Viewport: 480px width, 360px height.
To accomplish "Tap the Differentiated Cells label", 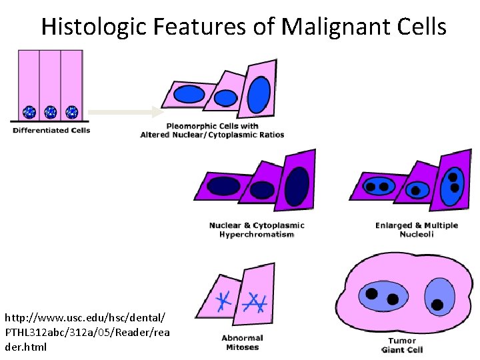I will click(51, 130).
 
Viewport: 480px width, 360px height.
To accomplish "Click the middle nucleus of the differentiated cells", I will click(51, 111).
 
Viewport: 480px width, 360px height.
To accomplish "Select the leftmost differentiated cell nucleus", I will click(29, 111).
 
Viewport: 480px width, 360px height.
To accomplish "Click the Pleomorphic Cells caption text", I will click(212, 130).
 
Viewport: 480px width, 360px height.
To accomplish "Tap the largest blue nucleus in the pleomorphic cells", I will click(259, 95).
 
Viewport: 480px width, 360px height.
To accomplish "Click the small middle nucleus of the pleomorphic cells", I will click(224, 99).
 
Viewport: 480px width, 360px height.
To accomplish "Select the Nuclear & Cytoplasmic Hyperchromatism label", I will click(257, 229).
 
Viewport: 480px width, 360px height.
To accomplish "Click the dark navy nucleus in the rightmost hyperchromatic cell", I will click(297, 186).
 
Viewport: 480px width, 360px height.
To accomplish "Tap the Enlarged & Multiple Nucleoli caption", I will click(417, 229).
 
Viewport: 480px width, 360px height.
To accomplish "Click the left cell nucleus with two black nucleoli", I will click(377, 187).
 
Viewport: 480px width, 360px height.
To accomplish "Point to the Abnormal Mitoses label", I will click(242, 343).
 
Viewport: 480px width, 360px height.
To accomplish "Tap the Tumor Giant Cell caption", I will click(402, 345).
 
